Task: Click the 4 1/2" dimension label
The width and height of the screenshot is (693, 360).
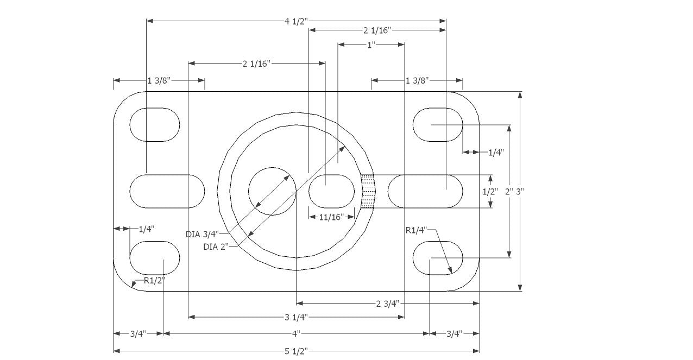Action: [x=297, y=21]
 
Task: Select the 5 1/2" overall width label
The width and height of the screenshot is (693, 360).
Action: [x=297, y=351]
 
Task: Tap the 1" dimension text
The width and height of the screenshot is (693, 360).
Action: [x=371, y=45]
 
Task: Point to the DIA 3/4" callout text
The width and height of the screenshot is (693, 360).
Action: [x=203, y=235]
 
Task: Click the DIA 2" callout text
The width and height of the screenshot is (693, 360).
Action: [x=216, y=247]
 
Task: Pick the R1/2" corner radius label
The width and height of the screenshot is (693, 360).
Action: [x=154, y=281]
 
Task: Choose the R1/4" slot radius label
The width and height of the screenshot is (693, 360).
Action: [x=416, y=230]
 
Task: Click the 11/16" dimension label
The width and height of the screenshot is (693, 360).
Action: [x=331, y=217]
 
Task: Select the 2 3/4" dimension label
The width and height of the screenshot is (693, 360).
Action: [x=388, y=304]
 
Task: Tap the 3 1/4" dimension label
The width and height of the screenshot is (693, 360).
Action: [x=297, y=317]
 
